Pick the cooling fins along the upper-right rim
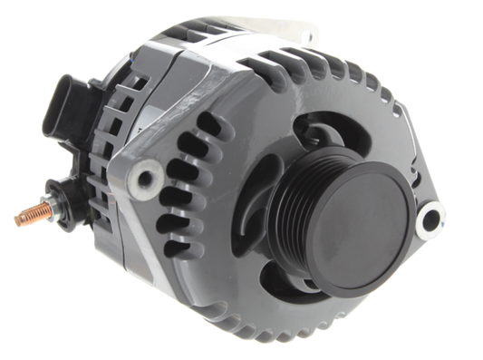coord(381,100)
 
